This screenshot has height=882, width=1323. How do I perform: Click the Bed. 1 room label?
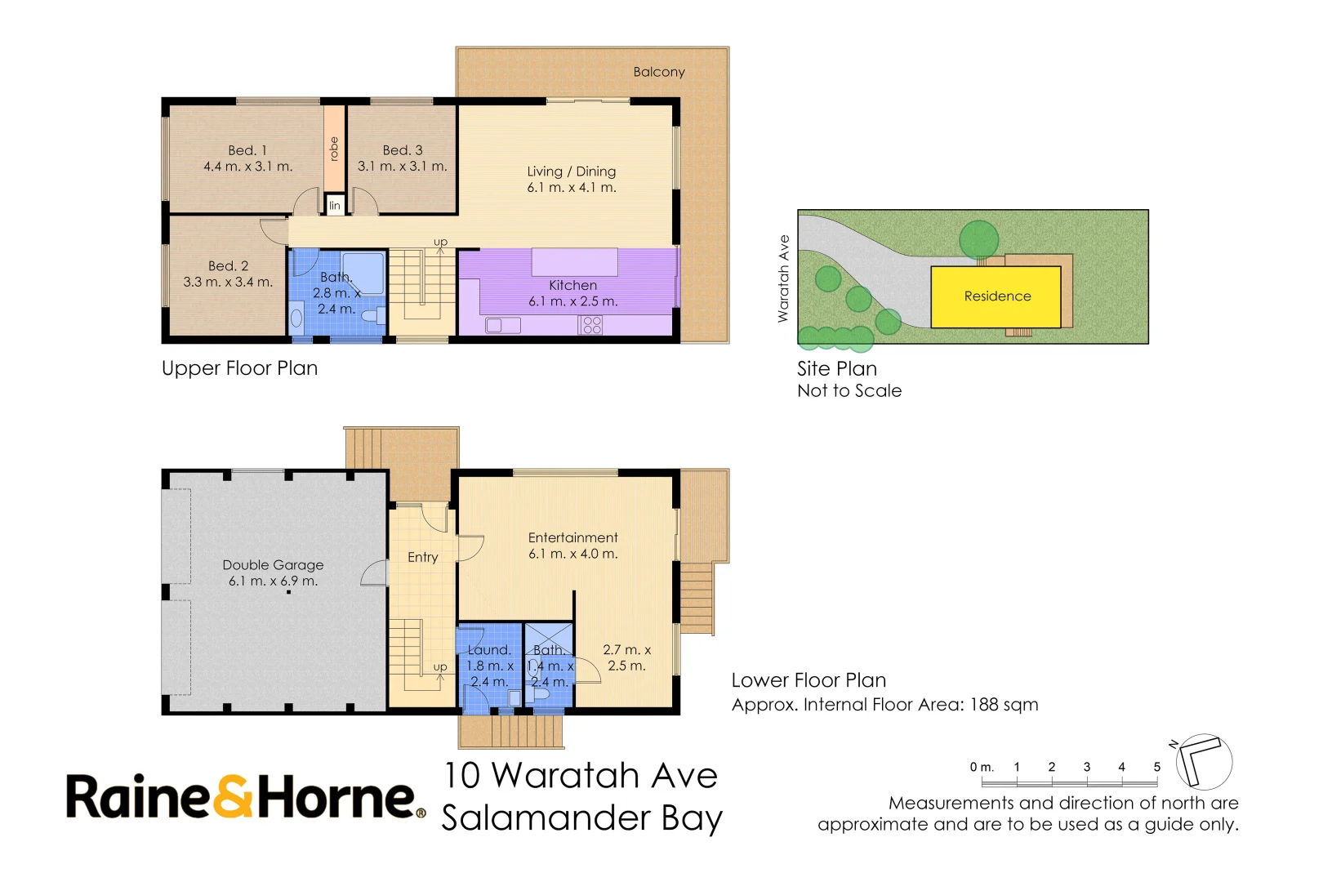coord(247,150)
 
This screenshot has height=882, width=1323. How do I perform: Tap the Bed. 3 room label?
coord(403,150)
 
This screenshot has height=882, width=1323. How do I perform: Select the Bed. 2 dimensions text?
coord(228,283)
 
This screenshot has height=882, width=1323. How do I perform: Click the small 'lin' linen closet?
coord(335,206)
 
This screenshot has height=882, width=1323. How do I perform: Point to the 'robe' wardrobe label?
coord(334,149)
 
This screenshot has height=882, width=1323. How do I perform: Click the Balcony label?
coord(659,72)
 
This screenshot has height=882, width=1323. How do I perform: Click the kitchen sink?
coord(502,325)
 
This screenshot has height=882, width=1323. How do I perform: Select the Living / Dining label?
coord(572,171)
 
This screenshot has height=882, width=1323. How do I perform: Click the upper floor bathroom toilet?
coord(372,317)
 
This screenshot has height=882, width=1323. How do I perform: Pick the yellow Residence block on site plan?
coord(996,296)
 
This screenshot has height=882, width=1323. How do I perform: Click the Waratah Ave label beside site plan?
coord(783,278)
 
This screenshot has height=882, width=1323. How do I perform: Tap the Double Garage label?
coord(273,565)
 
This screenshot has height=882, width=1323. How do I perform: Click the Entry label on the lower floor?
coord(423,557)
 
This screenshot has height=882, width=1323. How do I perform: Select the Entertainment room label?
coord(573,537)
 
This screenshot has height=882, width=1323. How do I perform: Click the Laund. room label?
coord(489,650)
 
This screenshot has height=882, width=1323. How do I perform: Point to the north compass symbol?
coord(1203,761)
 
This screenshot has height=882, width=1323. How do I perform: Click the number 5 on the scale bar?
coord(1157,767)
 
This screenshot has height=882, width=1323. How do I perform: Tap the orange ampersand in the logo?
coord(233,795)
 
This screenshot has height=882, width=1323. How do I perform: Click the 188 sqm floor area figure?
coord(1004,705)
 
